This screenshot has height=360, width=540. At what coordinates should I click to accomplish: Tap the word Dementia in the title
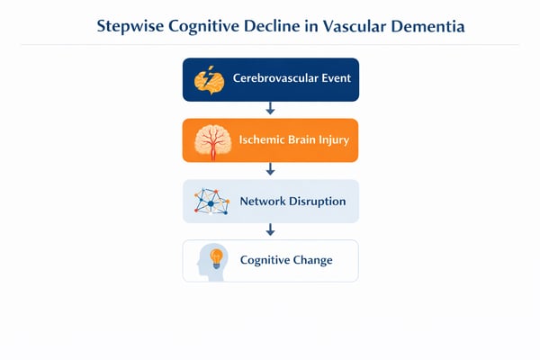click(428, 26)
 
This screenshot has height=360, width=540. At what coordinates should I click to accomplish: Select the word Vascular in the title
click(355, 26)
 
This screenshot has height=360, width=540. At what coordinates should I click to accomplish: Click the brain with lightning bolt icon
click(209, 79)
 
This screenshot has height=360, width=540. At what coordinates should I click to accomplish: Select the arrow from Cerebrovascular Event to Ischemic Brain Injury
click(270, 109)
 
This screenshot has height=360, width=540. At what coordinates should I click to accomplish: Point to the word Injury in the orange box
click(330, 140)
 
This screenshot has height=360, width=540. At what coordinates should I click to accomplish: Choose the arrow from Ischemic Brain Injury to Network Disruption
click(270, 170)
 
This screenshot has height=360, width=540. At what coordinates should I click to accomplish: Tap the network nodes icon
click(210, 202)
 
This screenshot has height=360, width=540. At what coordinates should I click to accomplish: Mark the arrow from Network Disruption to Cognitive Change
click(270, 230)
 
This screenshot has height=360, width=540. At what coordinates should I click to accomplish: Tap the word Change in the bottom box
click(312, 260)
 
